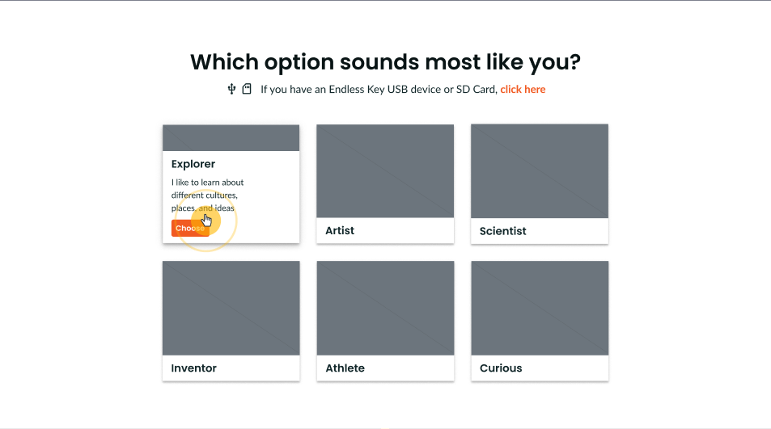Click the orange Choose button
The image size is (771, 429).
(x=190, y=229)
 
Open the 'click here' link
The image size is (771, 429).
(x=523, y=90)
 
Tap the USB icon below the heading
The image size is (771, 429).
(x=231, y=89)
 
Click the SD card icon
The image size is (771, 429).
(x=247, y=89)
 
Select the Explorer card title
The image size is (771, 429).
(x=193, y=164)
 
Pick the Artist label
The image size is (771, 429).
(x=340, y=231)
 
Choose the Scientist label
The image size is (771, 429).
(x=502, y=231)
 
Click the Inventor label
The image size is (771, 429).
(x=193, y=368)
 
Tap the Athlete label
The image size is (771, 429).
(x=345, y=368)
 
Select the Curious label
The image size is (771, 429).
(x=501, y=368)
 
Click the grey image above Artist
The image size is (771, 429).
(x=385, y=170)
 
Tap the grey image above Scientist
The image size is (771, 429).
(x=540, y=170)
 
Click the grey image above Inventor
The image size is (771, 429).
(x=231, y=308)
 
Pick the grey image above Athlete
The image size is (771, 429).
(x=385, y=308)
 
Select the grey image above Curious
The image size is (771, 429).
(x=540, y=308)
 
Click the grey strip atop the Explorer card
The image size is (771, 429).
(x=231, y=138)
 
